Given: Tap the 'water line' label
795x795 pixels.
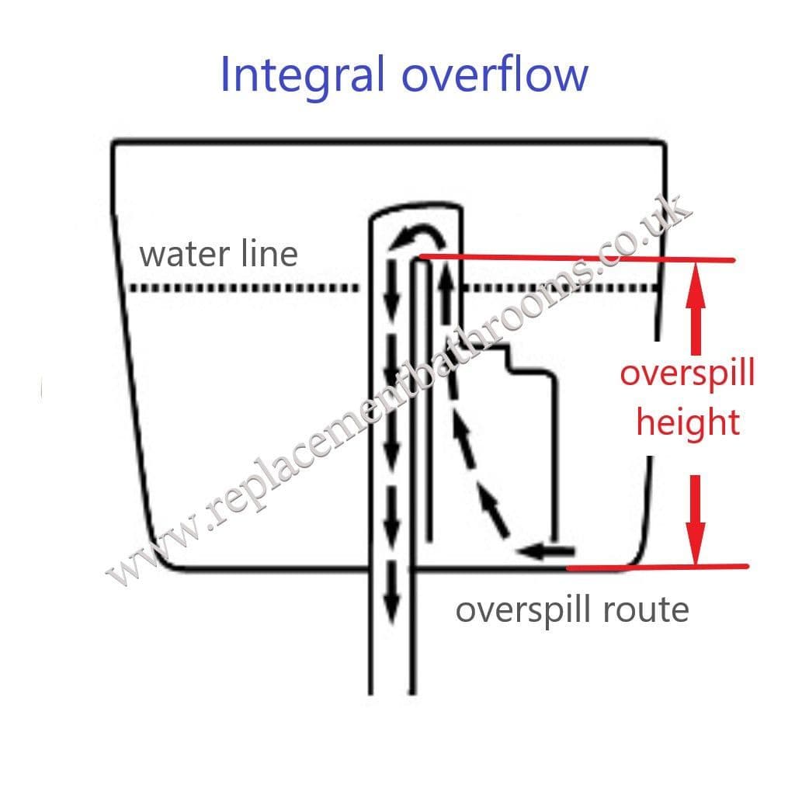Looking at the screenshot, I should pos(218,254).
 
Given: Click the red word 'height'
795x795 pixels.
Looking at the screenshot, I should pos(688,424).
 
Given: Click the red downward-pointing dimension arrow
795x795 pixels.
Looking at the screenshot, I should pos(696,520).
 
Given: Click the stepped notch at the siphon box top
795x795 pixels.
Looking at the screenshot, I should pos(509,359).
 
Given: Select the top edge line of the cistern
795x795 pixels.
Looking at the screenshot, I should pos(388,141).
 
